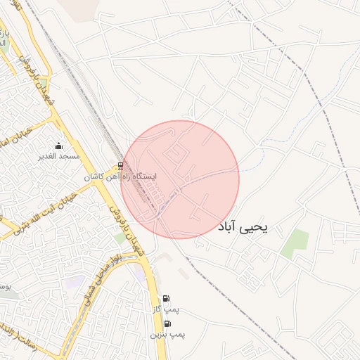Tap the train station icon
pos(121,167)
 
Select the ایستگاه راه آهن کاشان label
pos(122,177)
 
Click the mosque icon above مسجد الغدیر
pos(58,146)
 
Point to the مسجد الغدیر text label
pos(58,155)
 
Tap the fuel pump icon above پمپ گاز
pos(166,298)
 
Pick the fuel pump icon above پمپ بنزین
pos(167,323)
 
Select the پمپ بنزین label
pos(167,335)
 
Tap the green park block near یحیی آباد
pos(295,243)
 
